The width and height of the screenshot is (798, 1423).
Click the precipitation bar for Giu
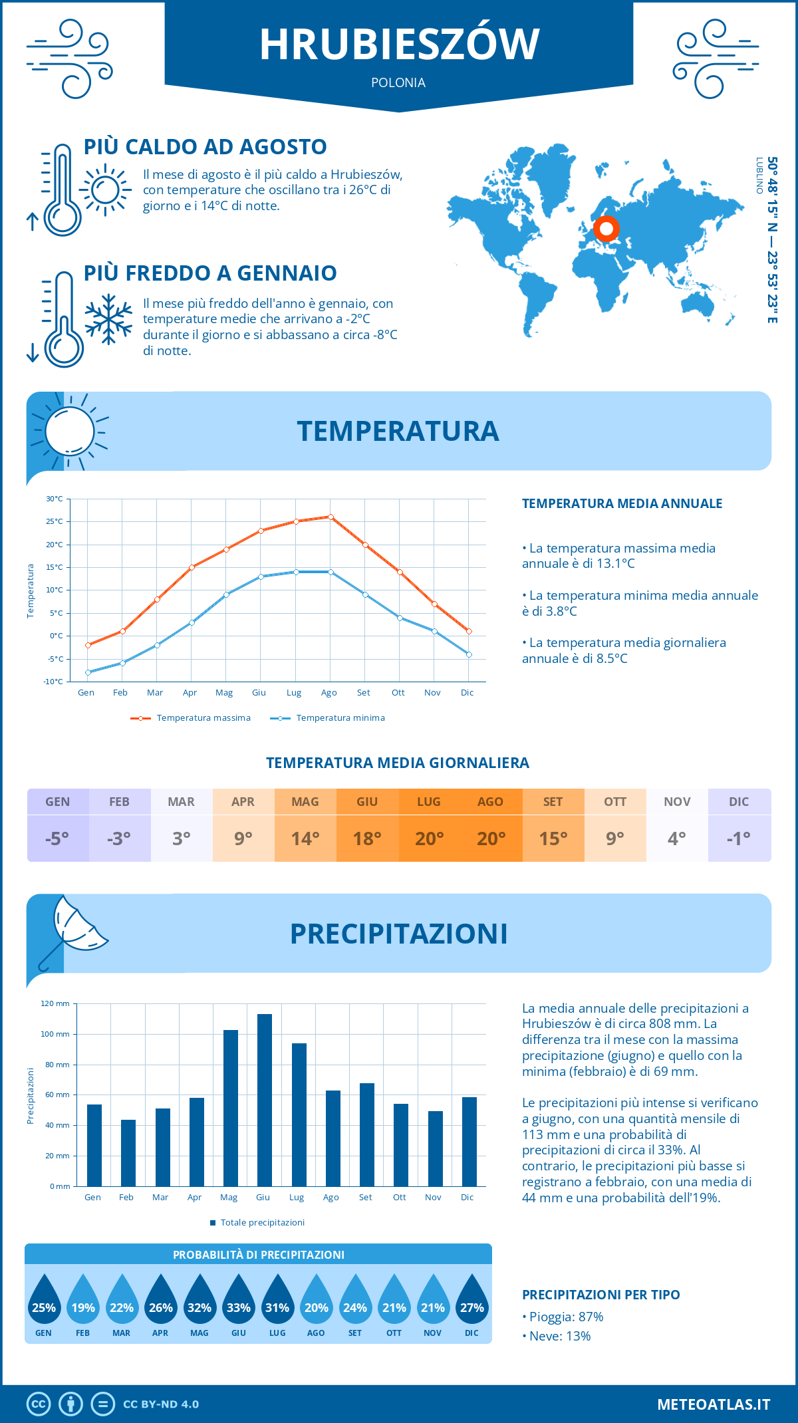point(264,1100)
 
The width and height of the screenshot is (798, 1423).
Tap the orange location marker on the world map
point(606,229)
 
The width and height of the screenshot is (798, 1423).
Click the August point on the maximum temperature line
point(331,517)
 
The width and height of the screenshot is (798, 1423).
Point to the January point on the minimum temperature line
point(88,672)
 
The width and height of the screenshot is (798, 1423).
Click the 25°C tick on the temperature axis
point(55,521)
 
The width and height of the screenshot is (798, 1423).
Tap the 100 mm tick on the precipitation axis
point(55,1034)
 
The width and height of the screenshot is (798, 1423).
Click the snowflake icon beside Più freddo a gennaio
point(108,319)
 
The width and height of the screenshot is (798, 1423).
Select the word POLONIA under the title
point(398,82)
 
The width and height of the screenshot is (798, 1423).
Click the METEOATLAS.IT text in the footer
point(714,1404)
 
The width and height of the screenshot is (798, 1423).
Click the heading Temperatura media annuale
point(622,503)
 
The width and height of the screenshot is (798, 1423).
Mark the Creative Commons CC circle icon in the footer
point(39,1404)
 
